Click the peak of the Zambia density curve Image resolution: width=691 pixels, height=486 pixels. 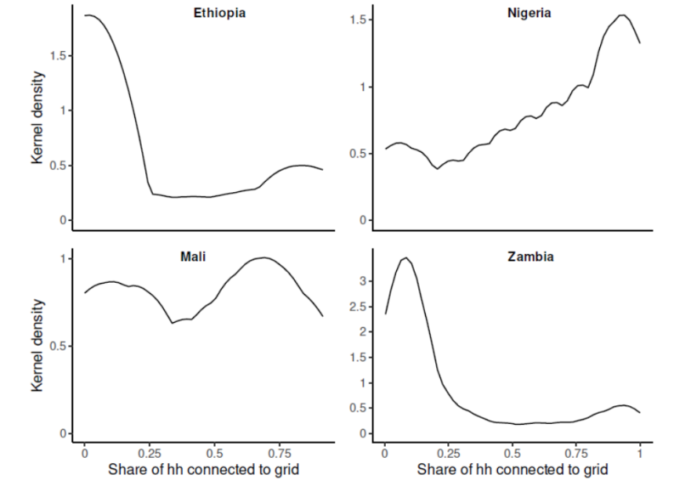tap(406, 257)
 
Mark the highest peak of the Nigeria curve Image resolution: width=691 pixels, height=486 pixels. tap(621, 14)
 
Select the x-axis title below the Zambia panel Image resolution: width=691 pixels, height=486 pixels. tap(512, 469)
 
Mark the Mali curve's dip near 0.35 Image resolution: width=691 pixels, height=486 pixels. tap(173, 323)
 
